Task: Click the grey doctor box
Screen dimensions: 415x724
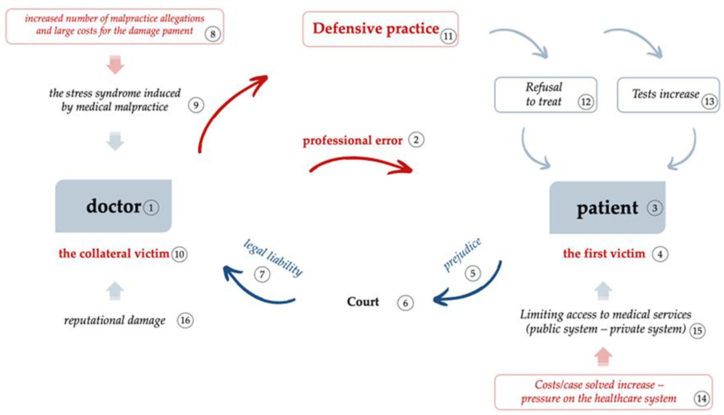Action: click(113, 206)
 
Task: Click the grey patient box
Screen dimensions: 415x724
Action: click(607, 207)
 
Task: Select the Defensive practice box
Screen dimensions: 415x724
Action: click(380, 29)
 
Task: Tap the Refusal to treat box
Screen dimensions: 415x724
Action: click(545, 95)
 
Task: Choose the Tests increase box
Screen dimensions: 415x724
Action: click(668, 95)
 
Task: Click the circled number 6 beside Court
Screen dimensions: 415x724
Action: click(405, 303)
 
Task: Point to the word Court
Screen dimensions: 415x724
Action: click(363, 301)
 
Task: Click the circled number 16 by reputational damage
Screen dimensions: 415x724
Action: click(185, 320)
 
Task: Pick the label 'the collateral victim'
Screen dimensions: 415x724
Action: click(114, 253)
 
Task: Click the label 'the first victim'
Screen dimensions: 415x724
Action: click(604, 253)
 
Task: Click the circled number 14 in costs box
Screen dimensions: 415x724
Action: click(701, 398)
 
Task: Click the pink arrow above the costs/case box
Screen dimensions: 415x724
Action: click(603, 356)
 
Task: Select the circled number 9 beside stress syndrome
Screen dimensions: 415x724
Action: click(196, 105)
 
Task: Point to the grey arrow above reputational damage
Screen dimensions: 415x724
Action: click(115, 291)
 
